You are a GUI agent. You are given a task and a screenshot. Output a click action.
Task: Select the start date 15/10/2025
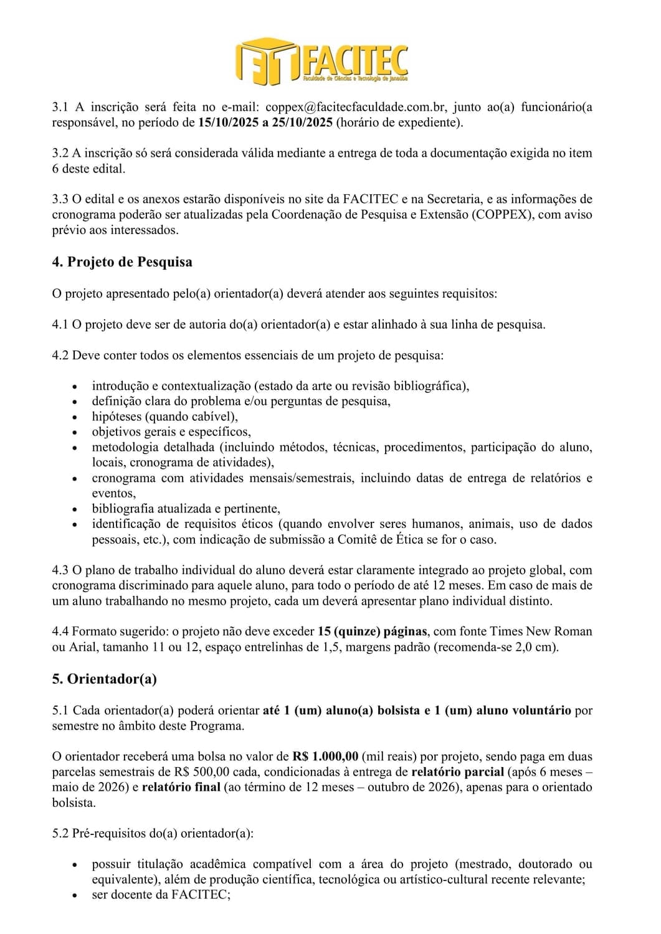pyautogui.click(x=228, y=122)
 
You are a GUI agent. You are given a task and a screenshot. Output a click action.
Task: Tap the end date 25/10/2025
pyautogui.click(x=303, y=122)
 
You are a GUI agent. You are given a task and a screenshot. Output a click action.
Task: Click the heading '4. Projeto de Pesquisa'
pyautogui.click(x=122, y=262)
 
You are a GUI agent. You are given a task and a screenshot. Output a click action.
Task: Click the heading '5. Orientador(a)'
pyautogui.click(x=104, y=679)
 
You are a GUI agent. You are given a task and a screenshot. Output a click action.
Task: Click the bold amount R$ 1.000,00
pyautogui.click(x=325, y=757)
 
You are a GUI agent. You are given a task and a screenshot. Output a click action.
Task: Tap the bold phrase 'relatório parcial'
pyautogui.click(x=458, y=772)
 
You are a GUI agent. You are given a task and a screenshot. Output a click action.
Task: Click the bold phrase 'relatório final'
pyautogui.click(x=181, y=787)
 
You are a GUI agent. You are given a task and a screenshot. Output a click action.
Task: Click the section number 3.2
pyautogui.click(x=60, y=153)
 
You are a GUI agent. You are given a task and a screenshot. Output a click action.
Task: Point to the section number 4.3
pyautogui.click(x=60, y=570)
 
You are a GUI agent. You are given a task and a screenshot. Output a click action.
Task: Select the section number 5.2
pyautogui.click(x=60, y=833)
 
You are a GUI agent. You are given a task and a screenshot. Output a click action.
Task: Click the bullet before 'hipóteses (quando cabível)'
pyautogui.click(x=75, y=417)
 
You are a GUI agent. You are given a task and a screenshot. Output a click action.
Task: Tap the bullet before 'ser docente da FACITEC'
pyautogui.click(x=75, y=895)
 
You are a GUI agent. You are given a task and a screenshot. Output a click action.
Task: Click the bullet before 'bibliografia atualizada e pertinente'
pyautogui.click(x=75, y=509)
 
